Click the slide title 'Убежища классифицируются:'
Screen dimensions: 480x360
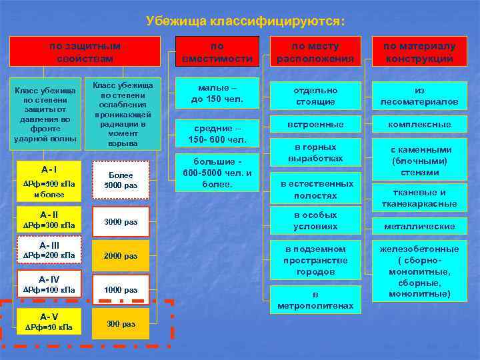click(x=245, y=21)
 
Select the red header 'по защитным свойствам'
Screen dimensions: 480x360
click(x=85, y=52)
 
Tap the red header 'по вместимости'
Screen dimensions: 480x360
click(x=217, y=52)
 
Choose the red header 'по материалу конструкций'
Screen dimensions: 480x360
click(x=419, y=52)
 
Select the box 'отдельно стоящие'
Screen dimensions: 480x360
click(x=315, y=95)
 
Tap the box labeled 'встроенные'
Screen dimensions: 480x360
click(x=315, y=125)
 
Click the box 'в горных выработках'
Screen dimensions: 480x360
click(x=315, y=153)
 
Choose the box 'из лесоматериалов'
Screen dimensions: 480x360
click(x=419, y=95)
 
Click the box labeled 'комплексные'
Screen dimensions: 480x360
click(x=419, y=125)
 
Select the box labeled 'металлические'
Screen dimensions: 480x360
click(x=419, y=227)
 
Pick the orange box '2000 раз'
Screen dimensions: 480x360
click(x=121, y=256)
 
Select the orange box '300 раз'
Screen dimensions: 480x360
click(x=121, y=324)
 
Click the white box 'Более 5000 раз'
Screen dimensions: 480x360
click(x=121, y=180)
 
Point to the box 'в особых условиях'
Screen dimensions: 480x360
click(x=315, y=221)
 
